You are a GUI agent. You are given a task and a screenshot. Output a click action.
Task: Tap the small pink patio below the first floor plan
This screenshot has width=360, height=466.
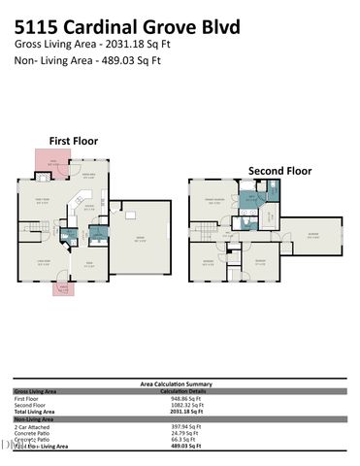64,288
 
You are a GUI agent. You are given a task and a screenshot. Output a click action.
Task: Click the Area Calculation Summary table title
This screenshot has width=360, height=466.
180,384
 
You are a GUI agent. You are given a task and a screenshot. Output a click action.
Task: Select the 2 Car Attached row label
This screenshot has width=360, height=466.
33,426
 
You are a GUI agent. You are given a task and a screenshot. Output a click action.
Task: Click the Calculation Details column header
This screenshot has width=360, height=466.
180,391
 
